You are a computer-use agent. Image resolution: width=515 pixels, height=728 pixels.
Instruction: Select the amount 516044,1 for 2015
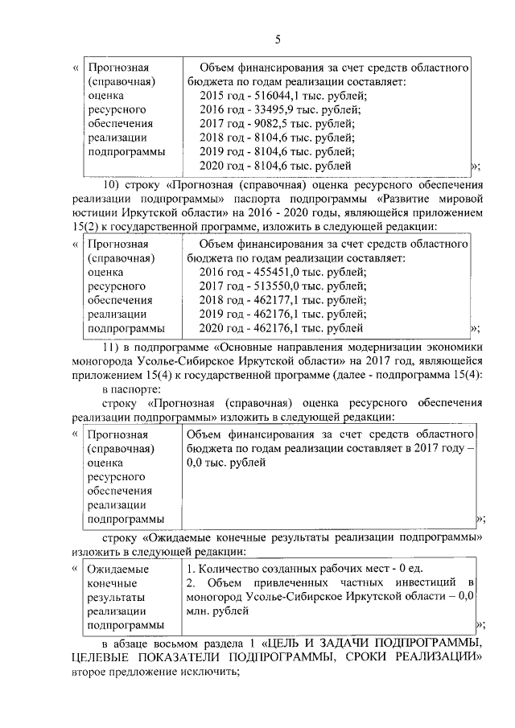click(271, 94)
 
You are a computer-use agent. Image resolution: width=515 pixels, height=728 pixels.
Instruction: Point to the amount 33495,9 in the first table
click(269, 109)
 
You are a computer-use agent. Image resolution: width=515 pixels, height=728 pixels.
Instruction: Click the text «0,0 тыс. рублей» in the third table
click(226, 462)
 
